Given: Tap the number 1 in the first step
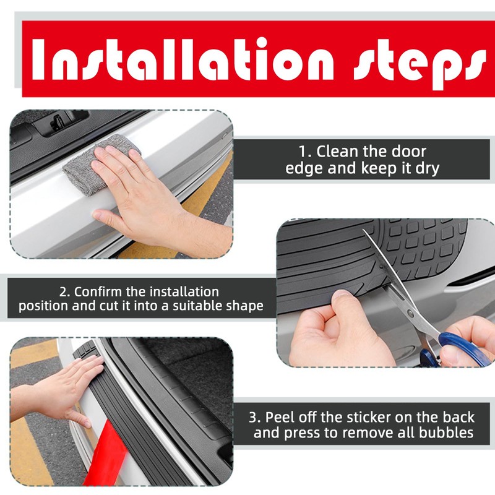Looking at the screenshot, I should pyautogui.click(x=303, y=152).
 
